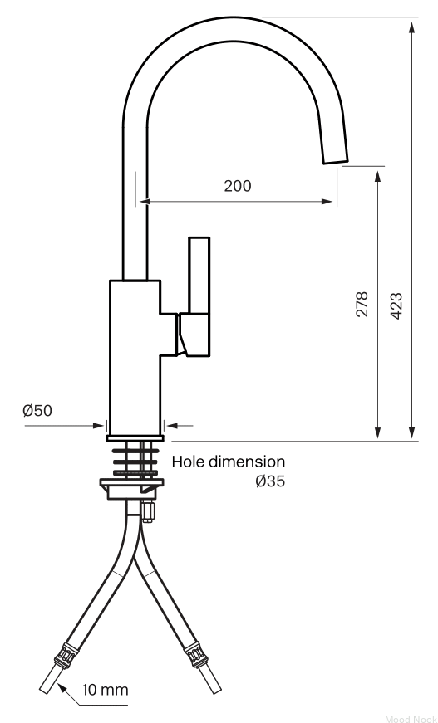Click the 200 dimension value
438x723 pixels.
click(238, 186)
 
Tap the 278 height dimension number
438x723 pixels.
click(362, 304)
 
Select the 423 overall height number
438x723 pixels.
click(396, 305)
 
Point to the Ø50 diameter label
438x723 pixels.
click(37, 410)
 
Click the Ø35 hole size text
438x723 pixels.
click(270, 481)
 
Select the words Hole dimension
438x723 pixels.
click(229, 462)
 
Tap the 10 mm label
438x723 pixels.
click(106, 691)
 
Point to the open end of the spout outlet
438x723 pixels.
click(336, 160)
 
